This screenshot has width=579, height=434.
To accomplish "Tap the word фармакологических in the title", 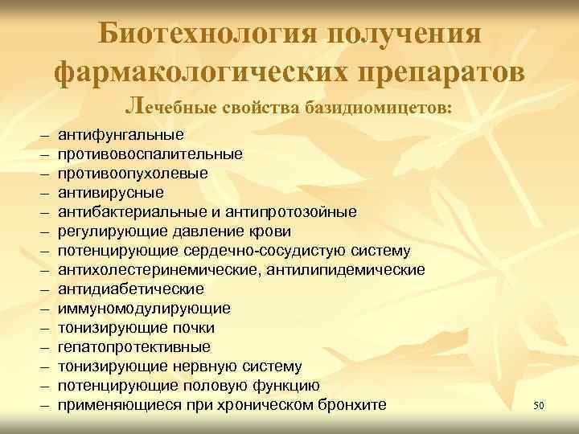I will [x=175, y=72].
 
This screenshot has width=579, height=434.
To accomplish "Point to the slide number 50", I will [x=539, y=406].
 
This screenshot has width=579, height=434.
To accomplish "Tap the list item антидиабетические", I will [x=130, y=289].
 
